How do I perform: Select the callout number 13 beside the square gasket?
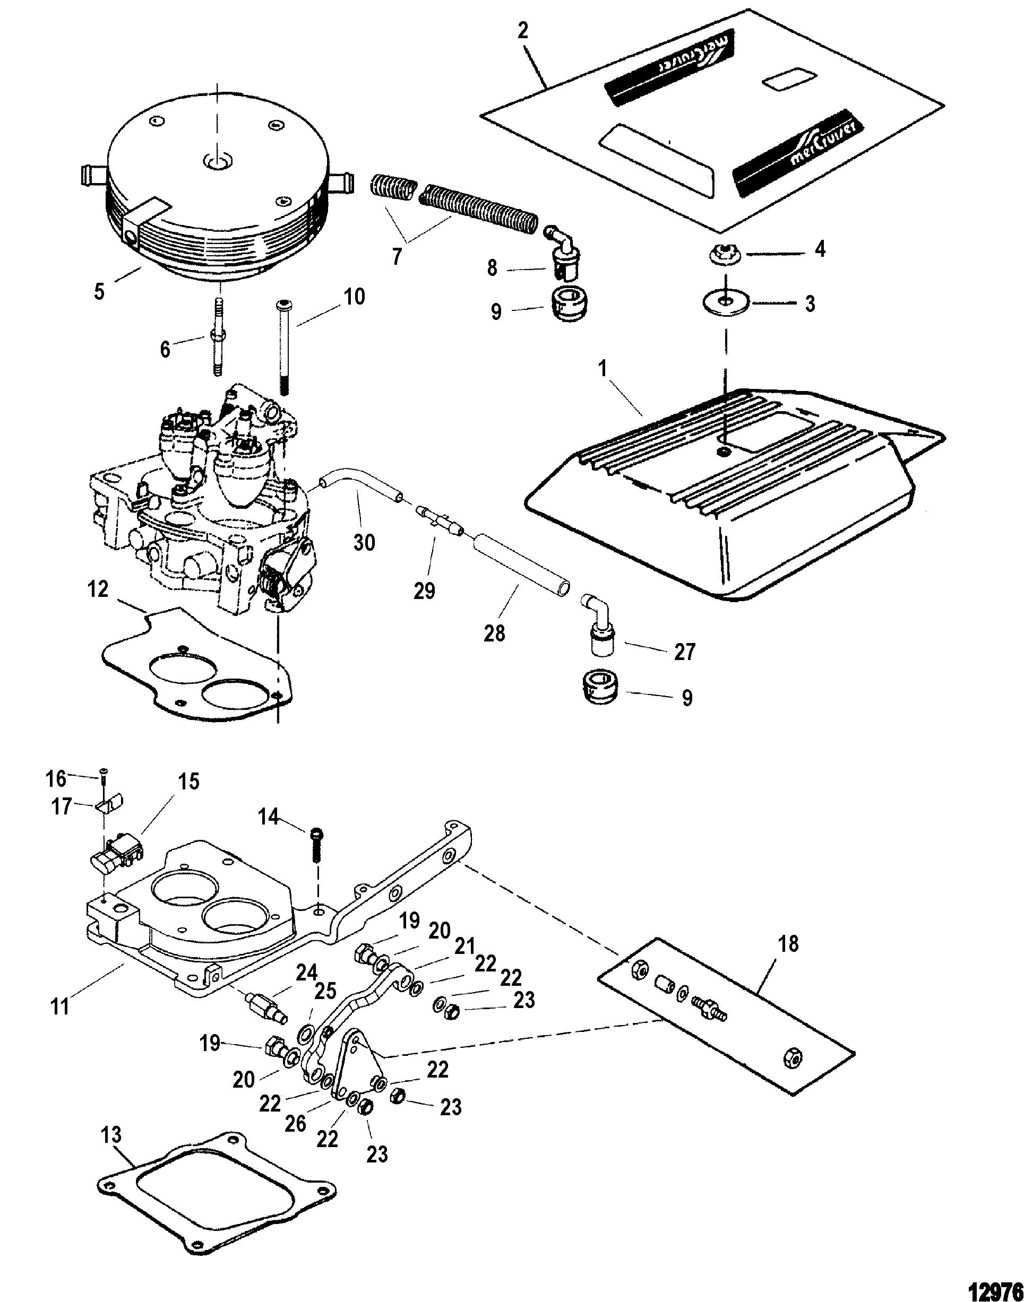pos(111,1135)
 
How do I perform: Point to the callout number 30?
pos(364,542)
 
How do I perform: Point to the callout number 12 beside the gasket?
pos(98,589)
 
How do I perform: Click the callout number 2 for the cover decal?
pos(523,31)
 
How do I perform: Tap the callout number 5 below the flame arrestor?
pos(99,292)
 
